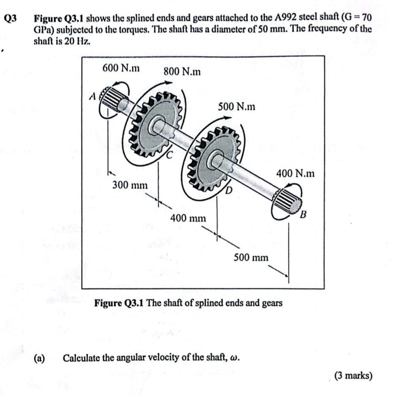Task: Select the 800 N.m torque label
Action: point(182,72)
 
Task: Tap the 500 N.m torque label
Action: point(237,107)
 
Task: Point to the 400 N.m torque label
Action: point(295,173)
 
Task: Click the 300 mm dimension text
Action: point(130,185)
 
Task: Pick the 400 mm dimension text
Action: point(188,218)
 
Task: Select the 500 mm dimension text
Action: point(251,257)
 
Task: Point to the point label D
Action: point(229,193)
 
